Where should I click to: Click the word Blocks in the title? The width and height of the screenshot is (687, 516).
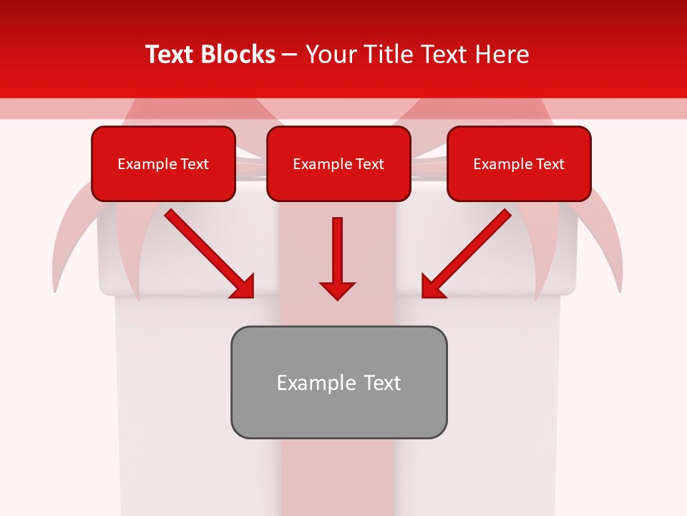coord(235,54)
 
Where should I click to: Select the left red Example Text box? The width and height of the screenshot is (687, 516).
coord(163,163)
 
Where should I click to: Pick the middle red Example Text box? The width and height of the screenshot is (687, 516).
coord(338,163)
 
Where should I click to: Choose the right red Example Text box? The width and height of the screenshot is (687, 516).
coord(519,163)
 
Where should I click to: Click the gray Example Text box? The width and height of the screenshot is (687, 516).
coord(338,382)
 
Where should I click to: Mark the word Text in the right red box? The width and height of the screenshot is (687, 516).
coord(550,164)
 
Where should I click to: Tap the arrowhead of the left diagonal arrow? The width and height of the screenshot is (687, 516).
coord(243,286)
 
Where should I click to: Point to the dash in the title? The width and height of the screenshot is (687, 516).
coord(289,54)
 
